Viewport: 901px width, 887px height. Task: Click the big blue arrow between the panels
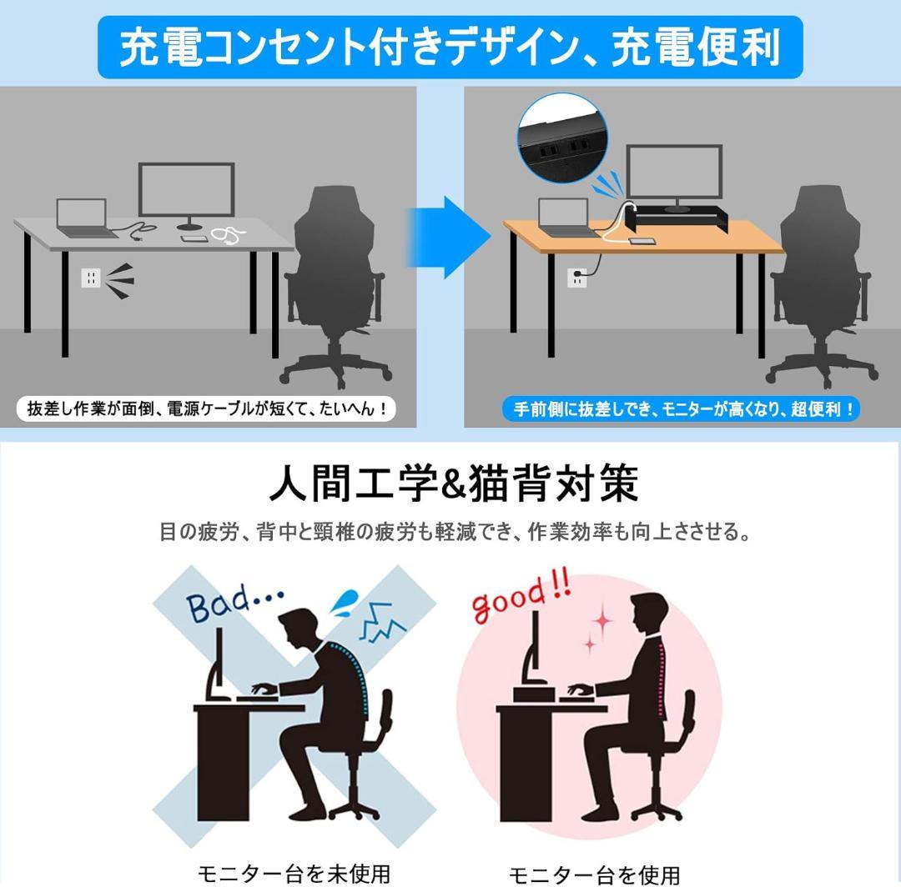448,237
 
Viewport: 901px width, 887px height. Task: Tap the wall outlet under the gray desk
91,278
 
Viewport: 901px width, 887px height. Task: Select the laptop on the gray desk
84,218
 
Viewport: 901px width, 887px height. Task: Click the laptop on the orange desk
566,218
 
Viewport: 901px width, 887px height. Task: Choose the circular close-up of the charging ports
562,138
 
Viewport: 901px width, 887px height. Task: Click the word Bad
218,604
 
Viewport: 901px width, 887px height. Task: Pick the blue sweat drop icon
345,603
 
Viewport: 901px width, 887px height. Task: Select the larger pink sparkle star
602,620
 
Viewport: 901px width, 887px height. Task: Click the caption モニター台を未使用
294,874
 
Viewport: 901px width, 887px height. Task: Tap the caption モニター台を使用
595,875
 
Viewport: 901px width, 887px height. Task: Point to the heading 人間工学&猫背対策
454,484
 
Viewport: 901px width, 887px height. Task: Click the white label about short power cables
206,408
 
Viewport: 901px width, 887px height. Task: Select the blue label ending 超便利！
681,408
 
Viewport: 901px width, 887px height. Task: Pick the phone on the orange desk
642,241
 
